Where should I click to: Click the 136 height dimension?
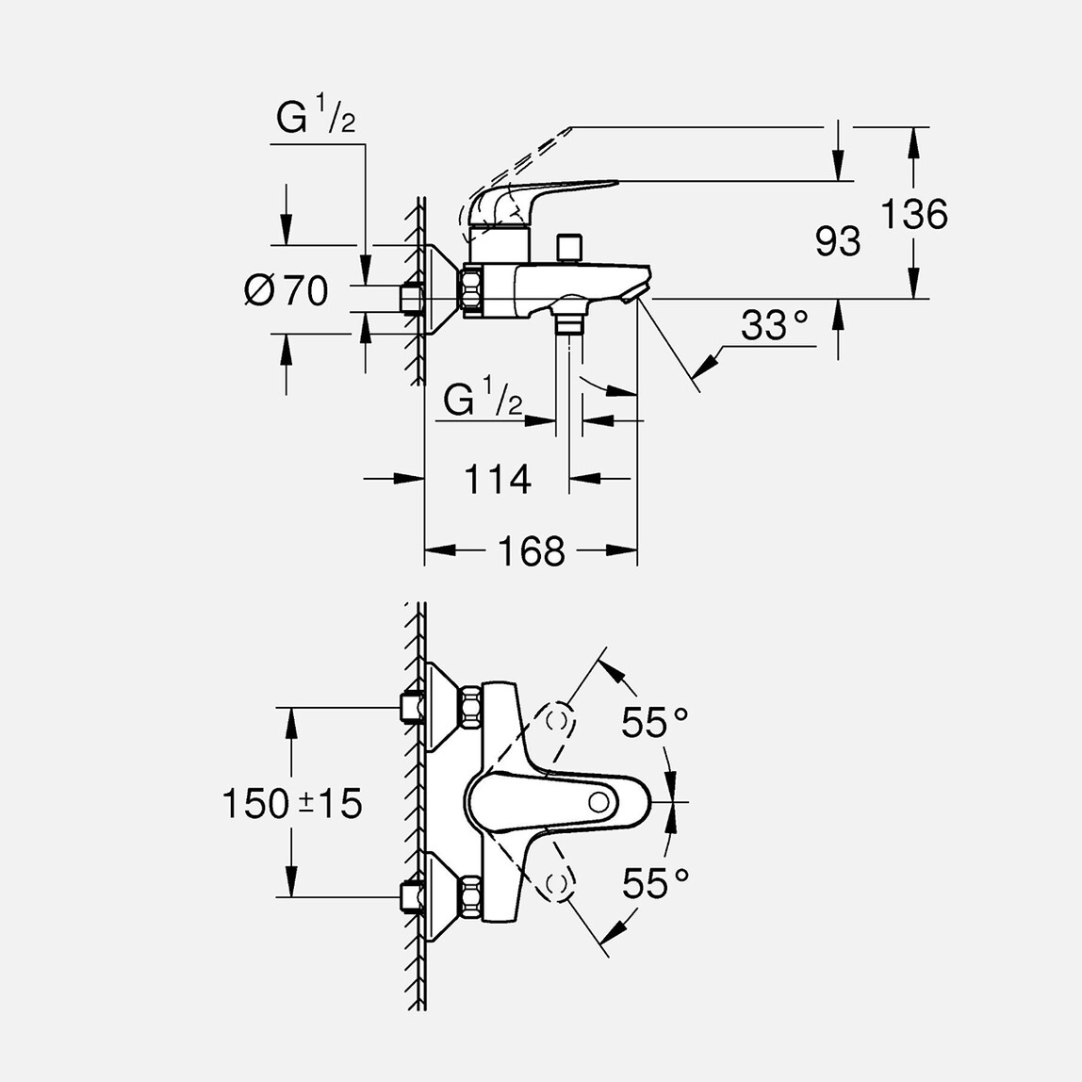913,215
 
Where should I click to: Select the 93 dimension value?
838,242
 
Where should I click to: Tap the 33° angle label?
774,326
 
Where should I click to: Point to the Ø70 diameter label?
287,290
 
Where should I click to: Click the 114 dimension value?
497,480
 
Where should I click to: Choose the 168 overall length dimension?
531,551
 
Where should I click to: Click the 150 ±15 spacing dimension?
291,804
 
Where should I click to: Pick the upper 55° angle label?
654,723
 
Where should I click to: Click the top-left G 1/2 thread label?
316,120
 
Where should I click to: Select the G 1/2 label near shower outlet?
483,401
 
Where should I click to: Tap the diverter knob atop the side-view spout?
568,248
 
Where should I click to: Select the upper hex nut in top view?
472,707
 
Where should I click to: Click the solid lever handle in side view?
547,194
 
